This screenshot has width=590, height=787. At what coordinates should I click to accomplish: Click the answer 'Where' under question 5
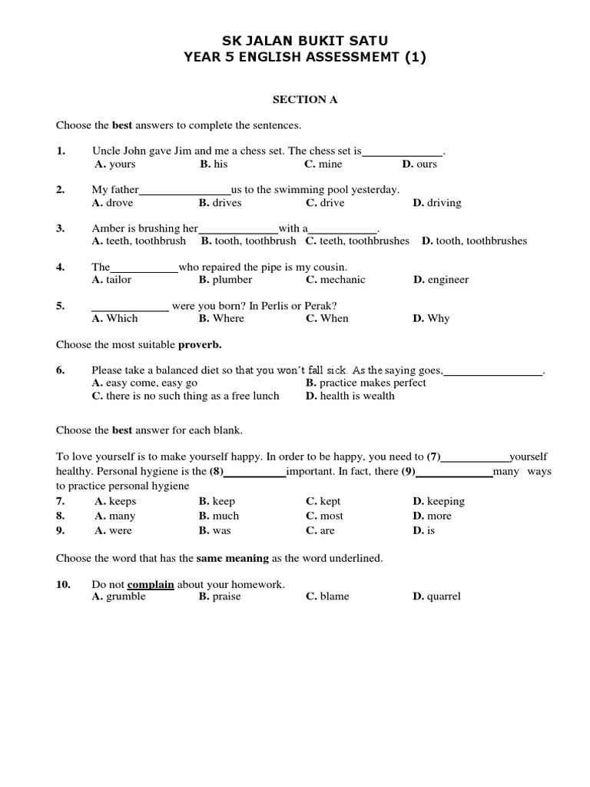tap(228, 318)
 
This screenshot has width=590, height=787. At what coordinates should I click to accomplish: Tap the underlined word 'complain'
tap(151, 585)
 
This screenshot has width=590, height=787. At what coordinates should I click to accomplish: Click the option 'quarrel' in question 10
tap(444, 597)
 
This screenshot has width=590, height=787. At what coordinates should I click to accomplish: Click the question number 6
tap(60, 370)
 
